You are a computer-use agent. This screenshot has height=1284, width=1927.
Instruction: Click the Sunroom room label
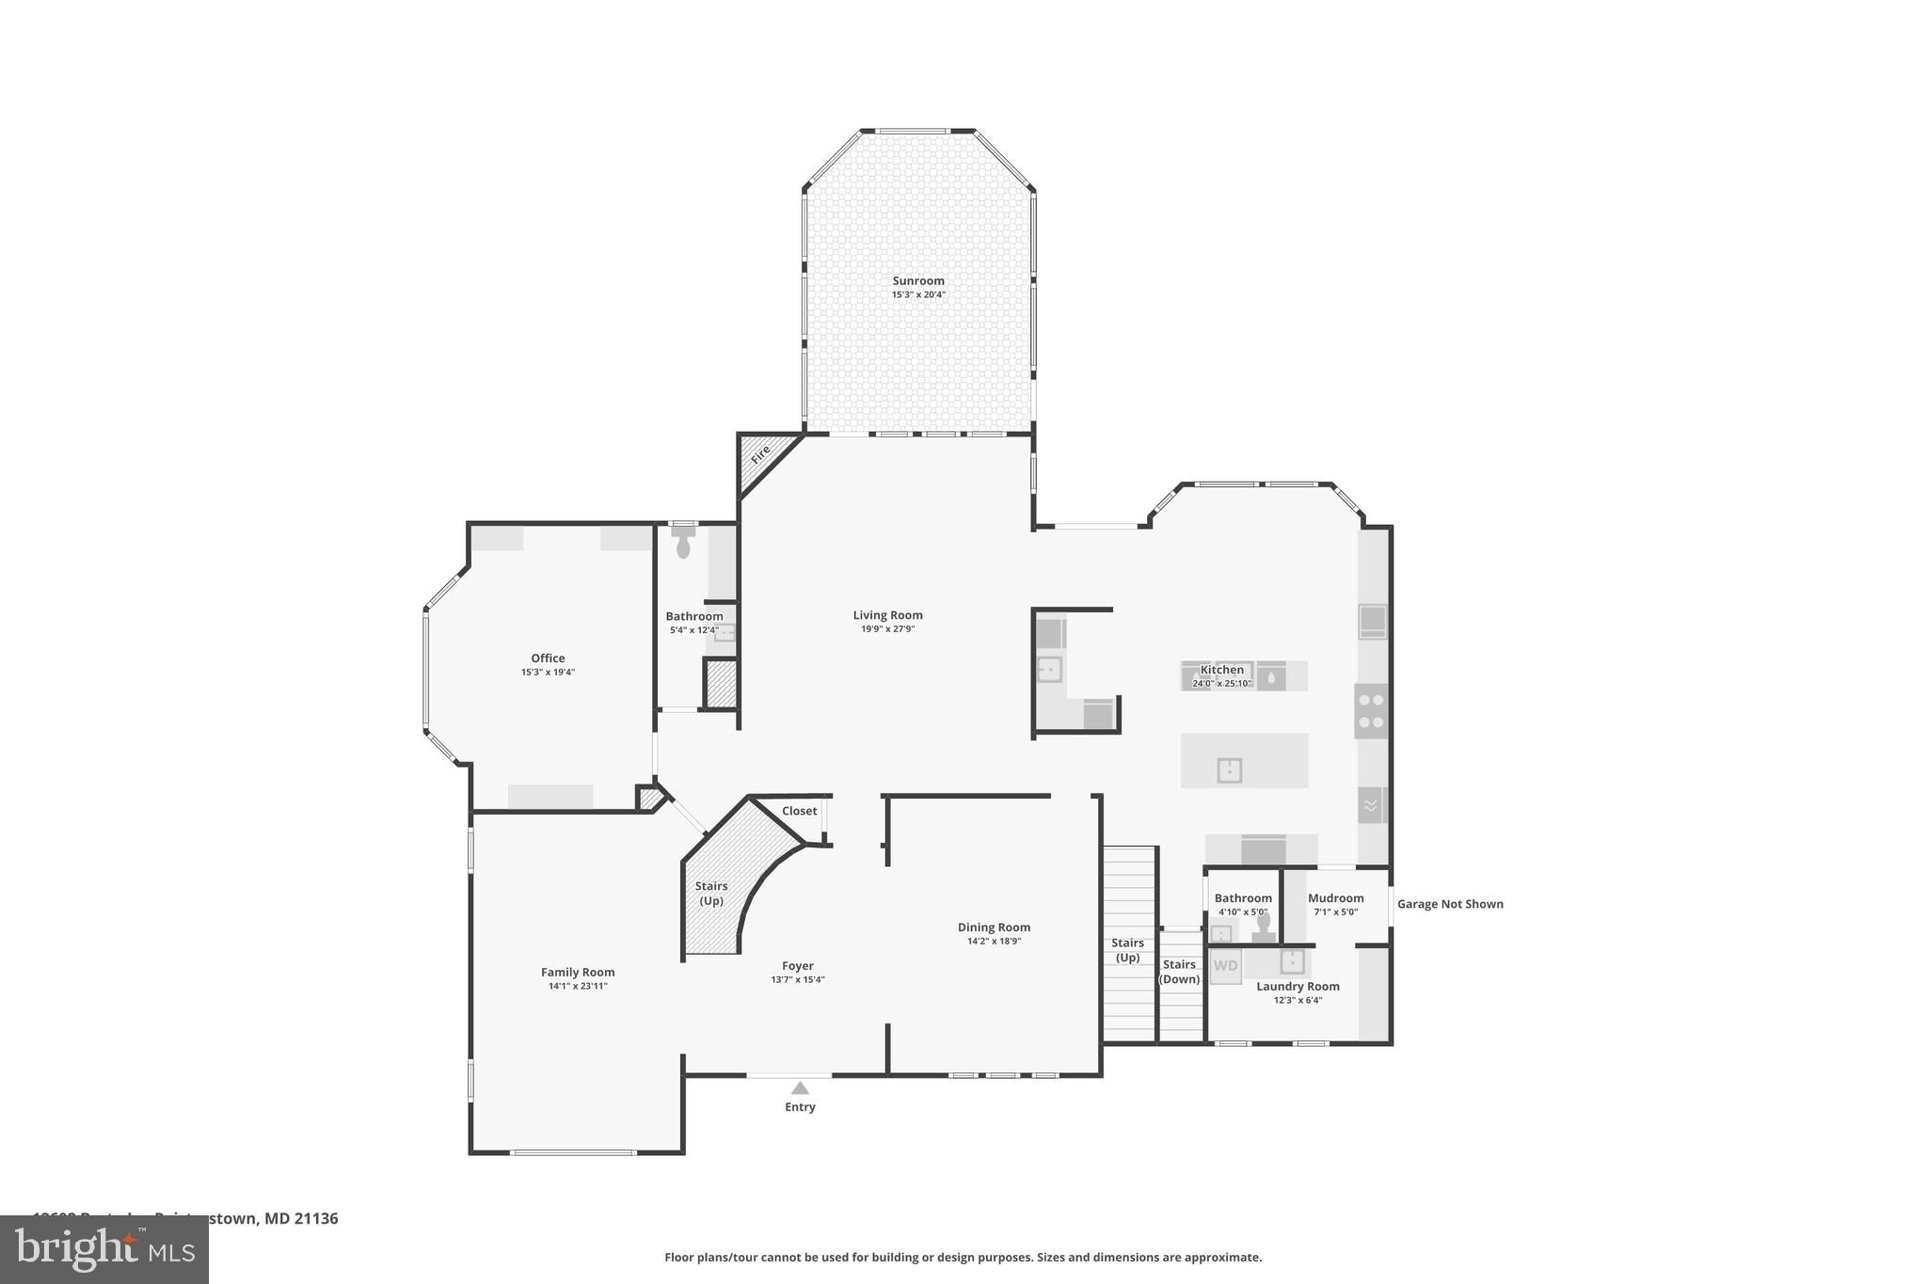click(917, 280)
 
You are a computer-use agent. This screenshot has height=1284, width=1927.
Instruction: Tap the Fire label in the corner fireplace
click(760, 453)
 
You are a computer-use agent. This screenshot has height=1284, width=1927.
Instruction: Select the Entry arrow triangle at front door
click(800, 1088)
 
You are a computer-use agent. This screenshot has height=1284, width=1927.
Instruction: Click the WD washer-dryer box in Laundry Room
click(1225, 966)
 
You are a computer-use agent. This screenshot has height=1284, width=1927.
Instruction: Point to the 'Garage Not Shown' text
click(1449, 904)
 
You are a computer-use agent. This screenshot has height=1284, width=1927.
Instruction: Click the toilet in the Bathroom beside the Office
click(683, 544)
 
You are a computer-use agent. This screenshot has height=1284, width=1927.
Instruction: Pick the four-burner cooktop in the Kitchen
click(1371, 711)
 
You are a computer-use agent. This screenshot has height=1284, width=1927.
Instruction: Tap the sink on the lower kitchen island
click(1229, 770)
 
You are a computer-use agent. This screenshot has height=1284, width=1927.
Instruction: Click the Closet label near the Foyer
click(799, 811)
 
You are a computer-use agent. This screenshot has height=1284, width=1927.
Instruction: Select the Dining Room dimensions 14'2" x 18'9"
click(994, 941)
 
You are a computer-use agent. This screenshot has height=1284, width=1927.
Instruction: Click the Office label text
click(548, 658)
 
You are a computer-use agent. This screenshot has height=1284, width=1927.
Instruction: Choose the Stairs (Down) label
click(1179, 972)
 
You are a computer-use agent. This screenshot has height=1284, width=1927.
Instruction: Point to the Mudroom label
click(1335, 898)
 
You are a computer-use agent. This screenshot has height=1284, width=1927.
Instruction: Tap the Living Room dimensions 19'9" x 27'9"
click(887, 629)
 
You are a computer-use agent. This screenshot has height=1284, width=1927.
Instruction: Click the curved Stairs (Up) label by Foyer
click(711, 893)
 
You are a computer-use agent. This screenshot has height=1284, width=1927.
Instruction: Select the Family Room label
click(578, 973)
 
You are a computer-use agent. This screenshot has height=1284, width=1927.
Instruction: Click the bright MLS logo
click(104, 1249)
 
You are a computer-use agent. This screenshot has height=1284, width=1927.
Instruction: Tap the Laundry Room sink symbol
click(1292, 961)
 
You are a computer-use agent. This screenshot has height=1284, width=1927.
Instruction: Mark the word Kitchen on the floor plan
click(1221, 670)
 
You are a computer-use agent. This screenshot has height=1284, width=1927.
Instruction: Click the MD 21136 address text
click(300, 1218)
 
